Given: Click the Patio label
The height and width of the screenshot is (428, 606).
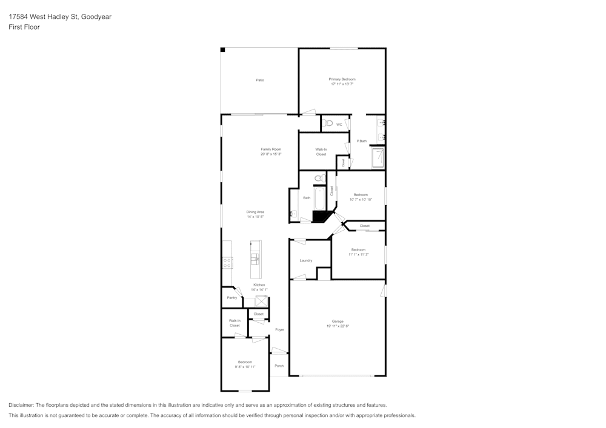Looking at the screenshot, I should click(259, 80).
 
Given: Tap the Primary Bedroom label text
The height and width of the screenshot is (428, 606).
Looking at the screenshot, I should click(342, 79).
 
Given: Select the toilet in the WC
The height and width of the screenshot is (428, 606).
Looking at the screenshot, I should click(328, 123).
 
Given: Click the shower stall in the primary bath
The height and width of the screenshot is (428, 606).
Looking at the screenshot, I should click(379, 158).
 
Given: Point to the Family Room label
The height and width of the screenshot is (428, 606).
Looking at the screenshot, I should click(271, 149).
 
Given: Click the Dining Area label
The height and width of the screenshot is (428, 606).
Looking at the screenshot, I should click(255, 212).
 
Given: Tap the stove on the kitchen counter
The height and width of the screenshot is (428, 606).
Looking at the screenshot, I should click(227, 262).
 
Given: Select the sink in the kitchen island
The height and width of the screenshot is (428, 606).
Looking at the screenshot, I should click(256, 258).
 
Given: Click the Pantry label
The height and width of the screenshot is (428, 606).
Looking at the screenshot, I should click(231, 298).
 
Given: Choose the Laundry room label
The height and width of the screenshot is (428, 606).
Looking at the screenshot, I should click(306, 260).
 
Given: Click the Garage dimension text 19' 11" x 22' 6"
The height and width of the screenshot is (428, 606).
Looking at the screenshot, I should click(338, 326).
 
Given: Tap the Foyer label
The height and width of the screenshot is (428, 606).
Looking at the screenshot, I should click(279, 330).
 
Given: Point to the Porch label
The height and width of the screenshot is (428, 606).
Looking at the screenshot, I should click(279, 366).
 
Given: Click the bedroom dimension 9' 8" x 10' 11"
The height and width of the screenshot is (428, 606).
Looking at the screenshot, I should click(245, 367).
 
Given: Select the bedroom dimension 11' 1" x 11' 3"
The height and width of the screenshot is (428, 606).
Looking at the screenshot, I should click(358, 255).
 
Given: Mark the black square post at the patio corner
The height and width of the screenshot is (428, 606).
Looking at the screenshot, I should click(222, 50).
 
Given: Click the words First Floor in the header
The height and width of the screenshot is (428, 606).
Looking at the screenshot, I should click(24, 27).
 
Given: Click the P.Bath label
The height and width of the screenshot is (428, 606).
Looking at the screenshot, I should click(362, 141).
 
